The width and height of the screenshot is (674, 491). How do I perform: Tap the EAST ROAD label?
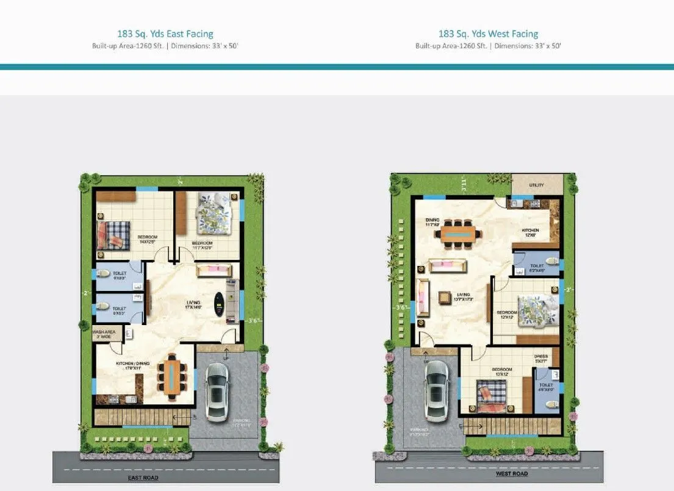pos(143,478)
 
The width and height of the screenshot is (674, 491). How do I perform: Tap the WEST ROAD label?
pos(511,473)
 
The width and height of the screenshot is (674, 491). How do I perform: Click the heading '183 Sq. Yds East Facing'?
pos(165,34)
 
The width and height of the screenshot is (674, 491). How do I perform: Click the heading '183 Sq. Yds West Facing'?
pos(488,34)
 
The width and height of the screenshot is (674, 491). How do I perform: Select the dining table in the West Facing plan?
pos(458,233)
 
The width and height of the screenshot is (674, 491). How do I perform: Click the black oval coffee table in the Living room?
pos(218,303)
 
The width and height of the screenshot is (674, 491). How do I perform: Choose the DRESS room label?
pos(540,359)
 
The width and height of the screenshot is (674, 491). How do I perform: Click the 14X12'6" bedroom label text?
pos(147,240)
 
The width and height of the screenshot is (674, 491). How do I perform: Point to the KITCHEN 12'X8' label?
pos(530,232)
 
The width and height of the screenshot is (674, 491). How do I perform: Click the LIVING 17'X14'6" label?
pos(193,304)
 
